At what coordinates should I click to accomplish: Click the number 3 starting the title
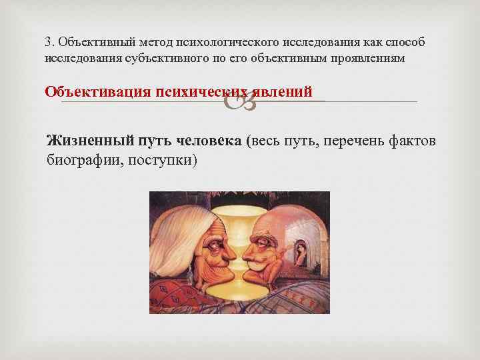pos(48,41)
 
